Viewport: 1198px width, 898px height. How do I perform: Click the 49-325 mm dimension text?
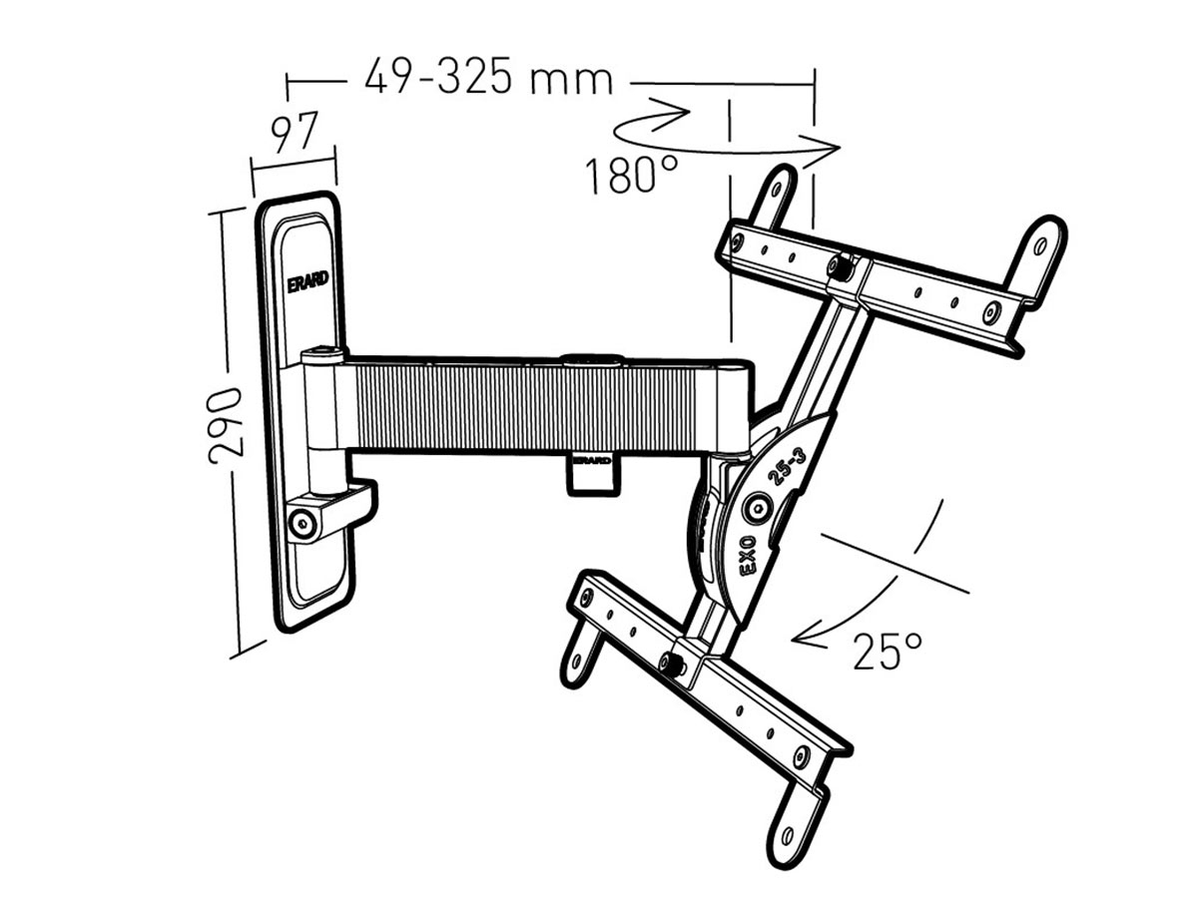coord(488,77)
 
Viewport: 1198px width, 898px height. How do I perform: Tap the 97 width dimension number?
coord(295,133)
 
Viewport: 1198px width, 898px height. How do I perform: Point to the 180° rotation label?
coord(631,176)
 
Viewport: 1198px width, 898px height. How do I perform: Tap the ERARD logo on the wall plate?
coord(307,282)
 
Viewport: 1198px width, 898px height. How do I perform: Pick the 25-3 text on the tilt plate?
coord(789,464)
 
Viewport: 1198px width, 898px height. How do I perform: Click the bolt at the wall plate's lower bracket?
coord(299,521)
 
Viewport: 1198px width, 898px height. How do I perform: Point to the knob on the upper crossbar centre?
coord(841,265)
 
